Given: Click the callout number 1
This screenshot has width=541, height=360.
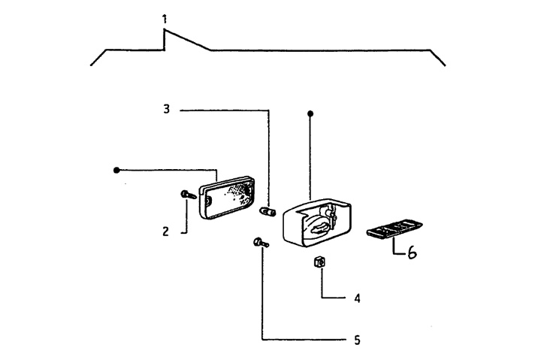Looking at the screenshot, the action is click(165, 19).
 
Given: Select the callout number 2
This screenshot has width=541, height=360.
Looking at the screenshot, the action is click(166, 231).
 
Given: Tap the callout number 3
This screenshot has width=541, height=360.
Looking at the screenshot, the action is click(167, 110).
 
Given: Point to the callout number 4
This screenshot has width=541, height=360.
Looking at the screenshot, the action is click(357, 298).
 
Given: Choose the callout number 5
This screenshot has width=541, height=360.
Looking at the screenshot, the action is click(357, 340).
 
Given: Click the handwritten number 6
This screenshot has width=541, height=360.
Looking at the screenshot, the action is click(412, 253).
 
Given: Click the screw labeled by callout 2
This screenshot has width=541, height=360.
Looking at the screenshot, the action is click(189, 195).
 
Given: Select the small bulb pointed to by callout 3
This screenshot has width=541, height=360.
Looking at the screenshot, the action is click(267, 211).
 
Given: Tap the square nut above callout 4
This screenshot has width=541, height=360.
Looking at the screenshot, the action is click(319, 262).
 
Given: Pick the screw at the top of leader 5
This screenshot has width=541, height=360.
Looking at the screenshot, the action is click(261, 242).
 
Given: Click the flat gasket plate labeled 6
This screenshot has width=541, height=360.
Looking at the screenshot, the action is click(394, 228).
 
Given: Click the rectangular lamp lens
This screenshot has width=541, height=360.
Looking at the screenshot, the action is click(227, 198).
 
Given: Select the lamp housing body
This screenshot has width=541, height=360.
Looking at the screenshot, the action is click(317, 222).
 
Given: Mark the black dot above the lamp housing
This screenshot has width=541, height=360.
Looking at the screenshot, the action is click(310, 113).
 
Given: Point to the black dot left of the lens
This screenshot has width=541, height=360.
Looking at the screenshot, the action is click(116, 170).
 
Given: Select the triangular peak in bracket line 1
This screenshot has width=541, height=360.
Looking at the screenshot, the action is click(165, 31).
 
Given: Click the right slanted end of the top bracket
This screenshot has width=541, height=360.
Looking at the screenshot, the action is click(437, 58).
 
